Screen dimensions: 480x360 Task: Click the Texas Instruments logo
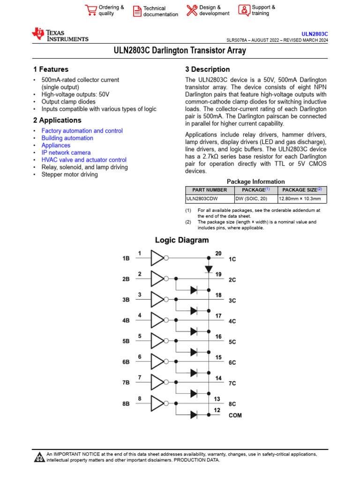(60, 35)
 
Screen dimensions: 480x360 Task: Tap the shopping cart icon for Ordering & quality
(90, 10)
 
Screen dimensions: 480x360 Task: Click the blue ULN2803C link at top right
(315, 34)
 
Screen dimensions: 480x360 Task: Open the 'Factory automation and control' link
(82, 131)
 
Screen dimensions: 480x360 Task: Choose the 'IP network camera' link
(66, 152)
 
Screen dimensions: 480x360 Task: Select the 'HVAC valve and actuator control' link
(84, 160)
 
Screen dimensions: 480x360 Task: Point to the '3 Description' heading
(208, 69)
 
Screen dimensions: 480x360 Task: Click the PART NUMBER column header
(210, 190)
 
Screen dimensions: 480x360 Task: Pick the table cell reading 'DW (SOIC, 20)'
(251, 199)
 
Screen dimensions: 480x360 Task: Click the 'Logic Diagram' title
(182, 240)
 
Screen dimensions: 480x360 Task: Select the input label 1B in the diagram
(126, 258)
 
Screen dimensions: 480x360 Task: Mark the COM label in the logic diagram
(235, 415)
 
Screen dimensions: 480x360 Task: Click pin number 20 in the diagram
(218, 254)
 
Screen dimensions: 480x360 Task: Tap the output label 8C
(232, 404)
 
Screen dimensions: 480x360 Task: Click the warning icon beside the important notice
(39, 457)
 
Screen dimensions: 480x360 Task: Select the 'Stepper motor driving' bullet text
(69, 174)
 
